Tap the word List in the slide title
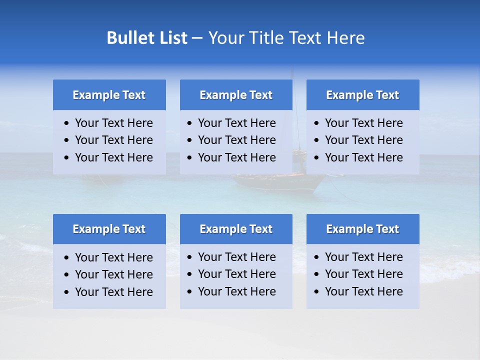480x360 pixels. tap(170, 38)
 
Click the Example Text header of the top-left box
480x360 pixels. tap(109, 95)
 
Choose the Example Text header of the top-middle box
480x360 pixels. tap(236, 95)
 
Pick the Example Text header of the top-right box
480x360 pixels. tap(362, 95)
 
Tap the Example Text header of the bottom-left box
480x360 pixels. tap(109, 229)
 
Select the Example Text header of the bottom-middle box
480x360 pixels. tap(236, 229)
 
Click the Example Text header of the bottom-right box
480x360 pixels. tap(362, 229)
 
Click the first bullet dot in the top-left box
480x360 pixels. tap(67, 123)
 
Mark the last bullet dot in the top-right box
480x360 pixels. tap(317, 158)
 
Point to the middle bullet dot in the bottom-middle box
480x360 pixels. tap(190, 274)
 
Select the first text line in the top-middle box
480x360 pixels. tap(236, 123)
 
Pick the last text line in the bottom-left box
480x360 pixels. tap(113, 292)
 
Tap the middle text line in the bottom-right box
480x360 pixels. tap(363, 274)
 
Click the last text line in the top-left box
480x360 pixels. tap(113, 157)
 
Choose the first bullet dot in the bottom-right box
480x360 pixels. tap(317, 257)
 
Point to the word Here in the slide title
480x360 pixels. tap(345, 38)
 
